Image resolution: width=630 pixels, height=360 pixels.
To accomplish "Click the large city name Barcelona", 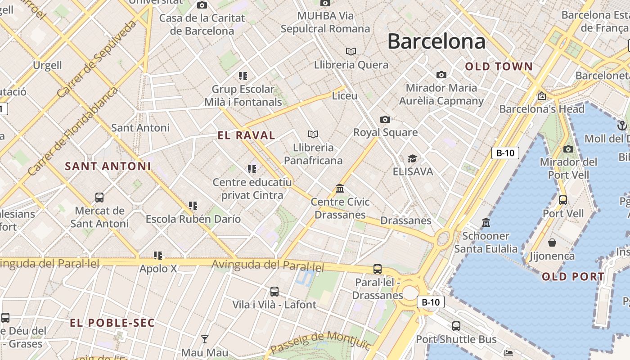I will click(x=436, y=41).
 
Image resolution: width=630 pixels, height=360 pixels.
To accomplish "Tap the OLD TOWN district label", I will click(x=499, y=67).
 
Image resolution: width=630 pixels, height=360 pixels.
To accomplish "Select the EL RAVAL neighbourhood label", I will click(x=246, y=135).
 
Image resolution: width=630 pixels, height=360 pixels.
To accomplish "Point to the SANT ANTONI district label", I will click(x=108, y=166).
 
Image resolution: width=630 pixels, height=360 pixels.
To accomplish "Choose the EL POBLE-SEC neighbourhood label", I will click(x=112, y=323).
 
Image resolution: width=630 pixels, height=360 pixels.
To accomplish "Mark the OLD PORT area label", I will click(x=573, y=276).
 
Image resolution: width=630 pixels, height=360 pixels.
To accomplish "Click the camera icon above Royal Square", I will click(x=385, y=119).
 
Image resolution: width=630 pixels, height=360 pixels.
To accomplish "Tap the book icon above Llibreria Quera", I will click(x=351, y=51).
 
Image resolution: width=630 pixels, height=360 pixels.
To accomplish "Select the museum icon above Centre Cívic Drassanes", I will click(x=340, y=188).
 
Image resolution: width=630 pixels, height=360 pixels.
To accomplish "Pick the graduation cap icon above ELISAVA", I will click(x=412, y=158).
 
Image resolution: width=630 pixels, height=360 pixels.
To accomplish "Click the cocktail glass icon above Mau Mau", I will click(x=205, y=339).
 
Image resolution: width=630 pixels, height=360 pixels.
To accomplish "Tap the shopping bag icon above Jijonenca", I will click(x=552, y=243).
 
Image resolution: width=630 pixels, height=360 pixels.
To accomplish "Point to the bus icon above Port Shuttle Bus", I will click(x=456, y=326).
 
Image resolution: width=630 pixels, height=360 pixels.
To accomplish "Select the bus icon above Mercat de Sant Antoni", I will click(x=99, y=197).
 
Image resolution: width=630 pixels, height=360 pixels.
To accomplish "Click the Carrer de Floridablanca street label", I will click(x=72, y=131).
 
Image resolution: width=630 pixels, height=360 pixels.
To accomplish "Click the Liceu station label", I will click(x=345, y=96).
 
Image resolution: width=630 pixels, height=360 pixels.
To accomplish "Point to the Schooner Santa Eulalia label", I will click(x=486, y=242).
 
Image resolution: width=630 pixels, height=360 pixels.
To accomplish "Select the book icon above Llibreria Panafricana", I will click(x=313, y=134).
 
